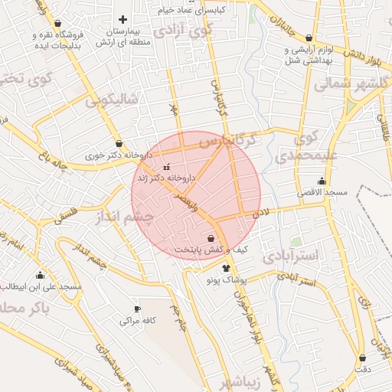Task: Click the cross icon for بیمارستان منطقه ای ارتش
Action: pos(122,18)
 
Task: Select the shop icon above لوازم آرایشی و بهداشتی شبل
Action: pos(309,38)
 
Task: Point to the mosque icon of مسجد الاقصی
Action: pos(321,182)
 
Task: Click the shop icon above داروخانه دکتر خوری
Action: pos(119,143)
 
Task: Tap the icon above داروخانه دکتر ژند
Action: pos(166,166)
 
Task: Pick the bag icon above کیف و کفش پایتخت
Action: pos(210,239)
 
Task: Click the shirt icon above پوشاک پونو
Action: pos(226,268)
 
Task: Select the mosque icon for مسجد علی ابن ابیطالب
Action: pos(41,275)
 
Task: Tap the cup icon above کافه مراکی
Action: pos(138,309)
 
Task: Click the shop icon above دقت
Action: pos(361,358)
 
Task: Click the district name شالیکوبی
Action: pos(112,100)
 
